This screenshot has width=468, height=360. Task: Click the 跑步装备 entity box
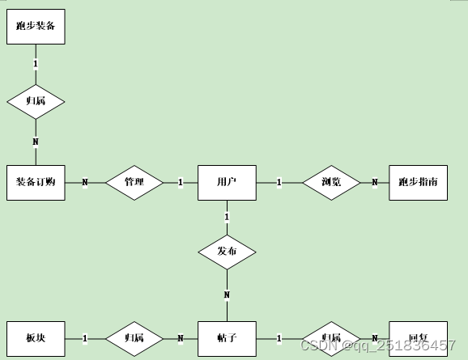36,26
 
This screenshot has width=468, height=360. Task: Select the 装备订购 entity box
36,182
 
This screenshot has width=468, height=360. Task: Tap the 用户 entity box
227,182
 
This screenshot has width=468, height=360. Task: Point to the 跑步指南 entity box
418,182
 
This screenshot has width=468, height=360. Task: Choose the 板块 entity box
36,337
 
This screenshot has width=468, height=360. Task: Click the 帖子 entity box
227,337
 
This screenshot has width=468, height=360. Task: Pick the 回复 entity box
418,337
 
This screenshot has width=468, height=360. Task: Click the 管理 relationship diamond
134,182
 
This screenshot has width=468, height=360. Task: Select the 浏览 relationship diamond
331,182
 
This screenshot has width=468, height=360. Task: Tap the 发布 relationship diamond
227,251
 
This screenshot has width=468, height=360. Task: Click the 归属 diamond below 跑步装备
36,101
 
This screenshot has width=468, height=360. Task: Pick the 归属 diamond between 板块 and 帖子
134,337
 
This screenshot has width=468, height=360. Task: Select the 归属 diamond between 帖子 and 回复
331,337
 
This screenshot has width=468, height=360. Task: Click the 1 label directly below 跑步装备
36,62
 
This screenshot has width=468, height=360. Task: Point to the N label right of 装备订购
84,182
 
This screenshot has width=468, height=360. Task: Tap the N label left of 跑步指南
374,182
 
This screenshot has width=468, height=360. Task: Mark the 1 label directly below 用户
227,217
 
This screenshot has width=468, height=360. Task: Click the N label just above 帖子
227,294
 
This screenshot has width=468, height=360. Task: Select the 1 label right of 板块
84,337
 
